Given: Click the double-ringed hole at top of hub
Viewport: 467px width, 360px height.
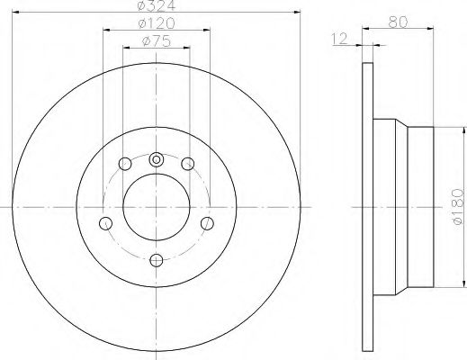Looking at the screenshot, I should [x=156, y=160].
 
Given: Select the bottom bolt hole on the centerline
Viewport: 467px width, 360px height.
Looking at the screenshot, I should [x=156, y=260].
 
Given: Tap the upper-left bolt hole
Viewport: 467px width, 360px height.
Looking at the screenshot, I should [x=124, y=164].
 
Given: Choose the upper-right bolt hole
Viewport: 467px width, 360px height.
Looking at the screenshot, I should [x=187, y=164].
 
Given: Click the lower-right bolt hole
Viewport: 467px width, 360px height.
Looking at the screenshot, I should [x=206, y=223].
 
